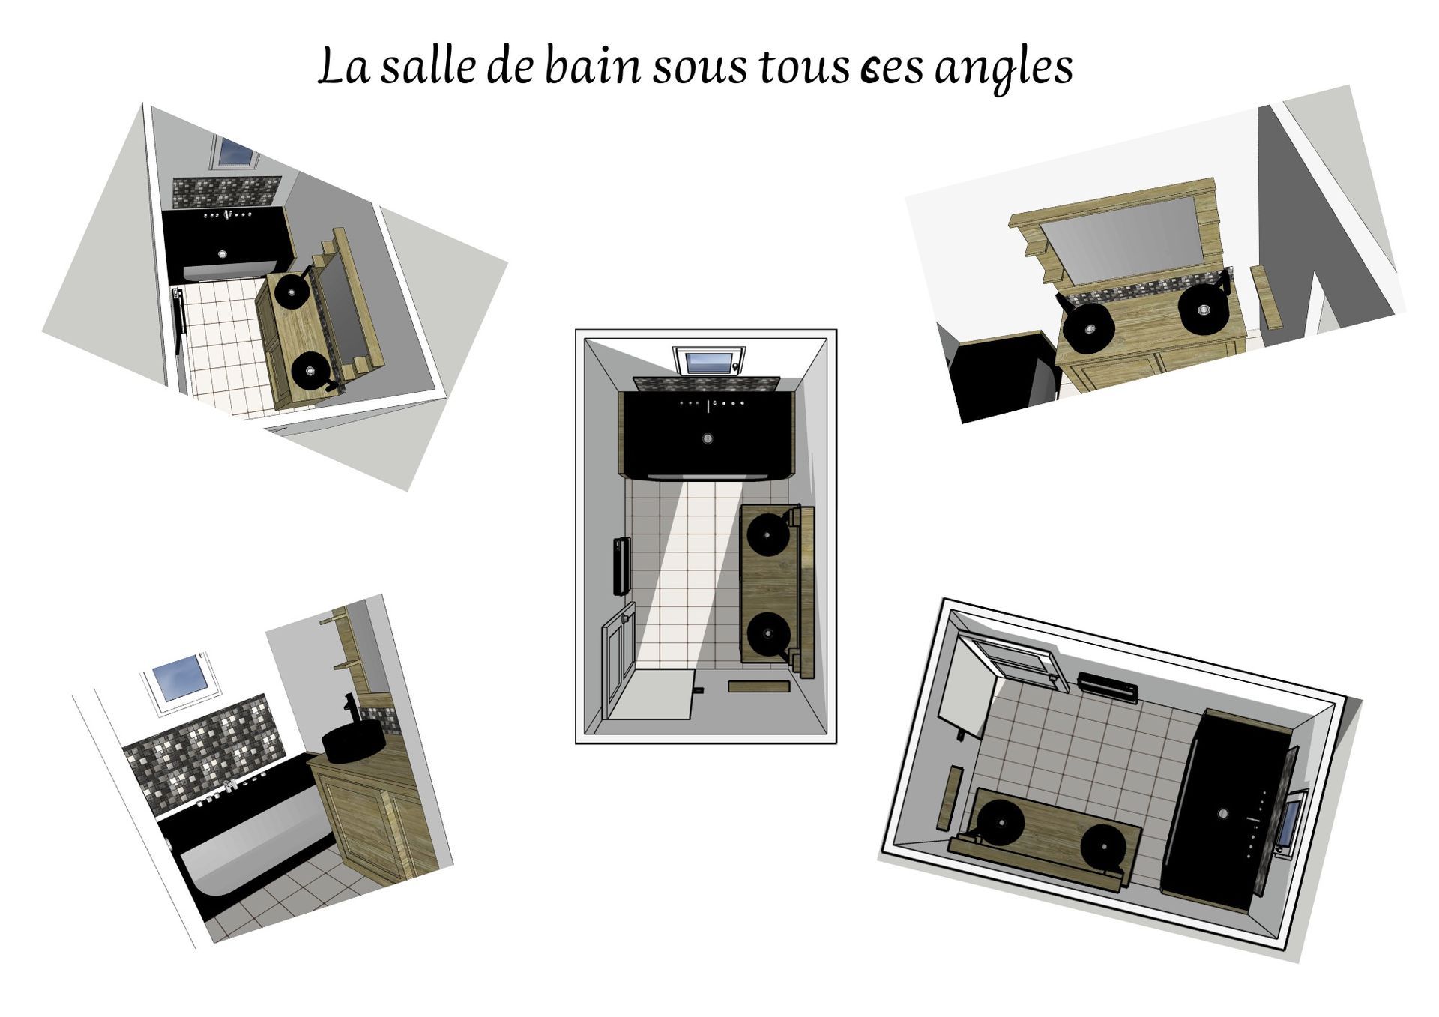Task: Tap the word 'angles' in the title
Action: click(x=1004, y=67)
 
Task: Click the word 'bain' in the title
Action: click(x=592, y=66)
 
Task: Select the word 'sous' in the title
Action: click(x=700, y=67)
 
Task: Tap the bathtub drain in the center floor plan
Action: click(x=707, y=438)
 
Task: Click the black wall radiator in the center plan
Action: click(x=621, y=567)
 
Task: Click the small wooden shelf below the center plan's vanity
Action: click(x=758, y=686)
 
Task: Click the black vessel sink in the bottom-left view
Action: click(x=353, y=743)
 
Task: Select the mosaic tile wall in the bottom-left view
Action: click(x=202, y=749)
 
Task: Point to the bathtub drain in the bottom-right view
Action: click(x=1223, y=813)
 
